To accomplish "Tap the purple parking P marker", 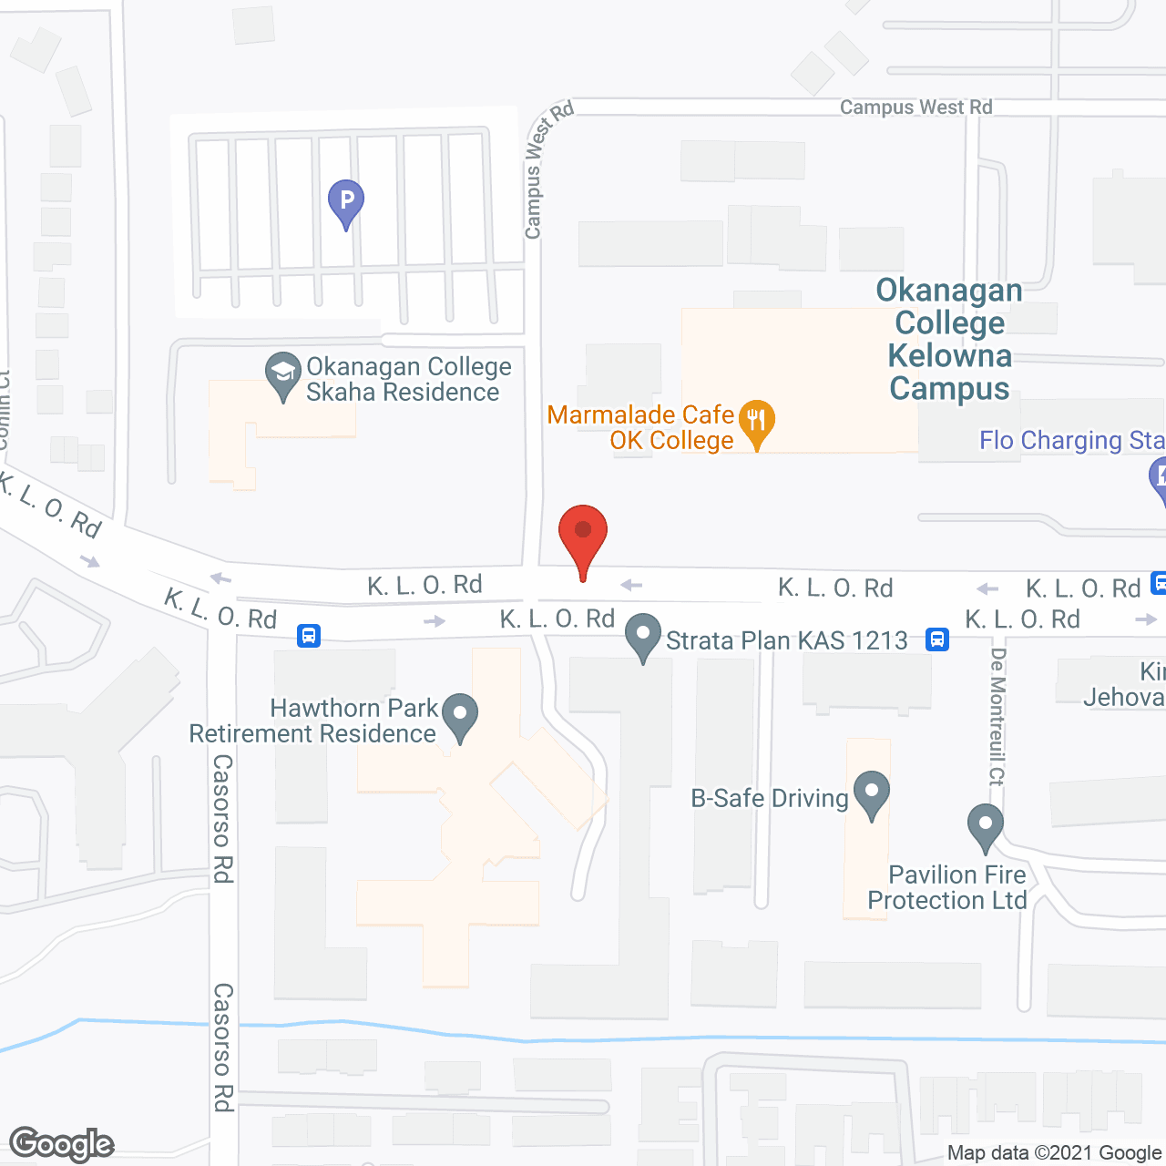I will click(x=346, y=200).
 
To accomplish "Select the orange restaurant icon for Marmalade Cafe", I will click(x=756, y=422).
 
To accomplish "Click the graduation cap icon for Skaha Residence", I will click(x=283, y=373).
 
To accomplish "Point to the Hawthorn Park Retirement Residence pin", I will click(x=460, y=716).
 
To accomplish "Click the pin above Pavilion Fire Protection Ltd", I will click(x=985, y=825).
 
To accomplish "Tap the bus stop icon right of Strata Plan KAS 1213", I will click(x=936, y=639).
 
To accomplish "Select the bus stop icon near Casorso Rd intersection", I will click(x=309, y=635).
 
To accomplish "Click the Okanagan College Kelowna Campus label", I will click(x=949, y=339).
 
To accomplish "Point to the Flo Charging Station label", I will click(x=1071, y=441).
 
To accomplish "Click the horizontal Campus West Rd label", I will click(x=915, y=107).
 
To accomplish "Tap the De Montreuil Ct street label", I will click(x=997, y=716).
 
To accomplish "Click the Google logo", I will click(x=62, y=1144).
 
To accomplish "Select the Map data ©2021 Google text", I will click(x=1055, y=1153).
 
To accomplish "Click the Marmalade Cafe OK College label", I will click(x=641, y=428).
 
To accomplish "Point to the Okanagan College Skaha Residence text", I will click(x=407, y=379).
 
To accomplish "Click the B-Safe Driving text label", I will click(x=770, y=798).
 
